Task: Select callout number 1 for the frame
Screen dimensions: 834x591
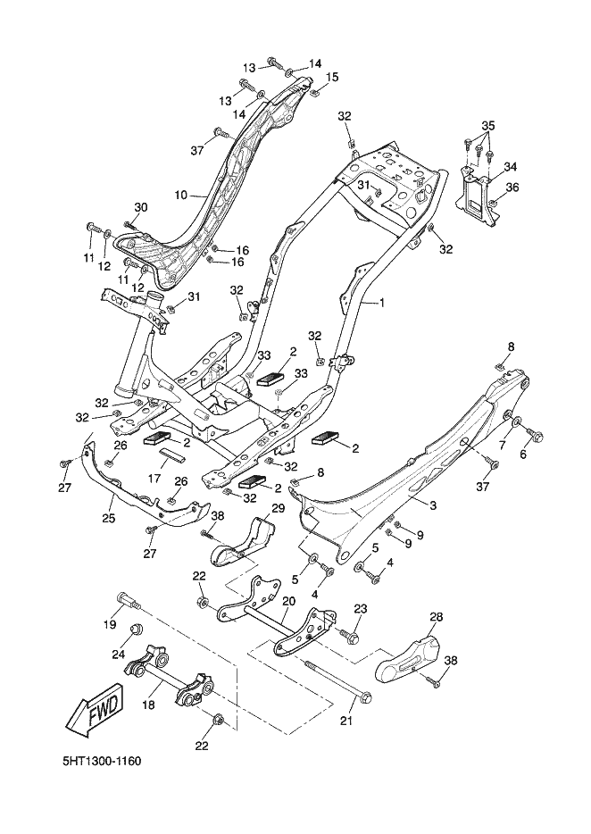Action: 381,304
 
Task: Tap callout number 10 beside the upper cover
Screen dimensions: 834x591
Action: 180,193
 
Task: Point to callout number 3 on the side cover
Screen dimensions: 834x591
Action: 433,506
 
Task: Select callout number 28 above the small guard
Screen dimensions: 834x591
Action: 437,617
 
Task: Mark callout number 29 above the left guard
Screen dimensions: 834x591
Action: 278,508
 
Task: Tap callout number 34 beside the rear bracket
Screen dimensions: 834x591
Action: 511,167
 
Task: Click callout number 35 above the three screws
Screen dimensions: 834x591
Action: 487,124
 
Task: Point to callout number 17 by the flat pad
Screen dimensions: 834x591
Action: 154,479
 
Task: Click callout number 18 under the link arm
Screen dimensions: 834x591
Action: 148,705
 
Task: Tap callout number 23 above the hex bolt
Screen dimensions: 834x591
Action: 361,609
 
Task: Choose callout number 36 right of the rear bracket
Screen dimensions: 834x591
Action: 512,188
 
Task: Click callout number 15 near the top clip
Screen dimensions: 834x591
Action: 332,78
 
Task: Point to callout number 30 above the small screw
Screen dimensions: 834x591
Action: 140,206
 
